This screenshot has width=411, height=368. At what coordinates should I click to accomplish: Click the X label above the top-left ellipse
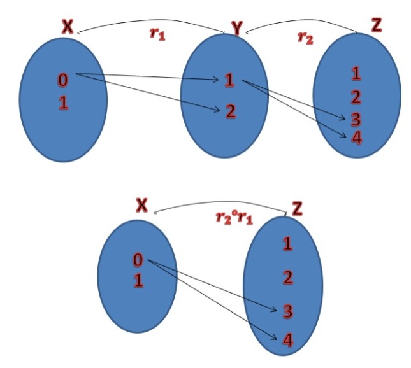point(68,26)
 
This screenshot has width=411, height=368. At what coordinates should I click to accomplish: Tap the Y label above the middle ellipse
point(236,28)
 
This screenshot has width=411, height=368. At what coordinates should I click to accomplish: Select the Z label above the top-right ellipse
point(377,25)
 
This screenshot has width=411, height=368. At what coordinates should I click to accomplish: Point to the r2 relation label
point(305,36)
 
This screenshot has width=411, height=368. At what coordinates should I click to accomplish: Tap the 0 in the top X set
point(63,80)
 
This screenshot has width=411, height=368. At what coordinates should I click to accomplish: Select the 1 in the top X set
point(63,103)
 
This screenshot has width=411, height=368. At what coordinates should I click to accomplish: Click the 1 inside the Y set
point(229,80)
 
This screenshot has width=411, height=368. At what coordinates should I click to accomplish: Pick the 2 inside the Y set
point(230,111)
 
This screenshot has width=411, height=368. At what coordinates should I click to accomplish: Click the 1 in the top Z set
point(356,73)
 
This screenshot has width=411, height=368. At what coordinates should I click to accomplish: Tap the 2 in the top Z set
point(356,97)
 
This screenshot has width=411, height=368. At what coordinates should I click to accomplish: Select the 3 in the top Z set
point(356,119)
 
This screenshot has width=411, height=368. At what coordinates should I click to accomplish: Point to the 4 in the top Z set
point(356,136)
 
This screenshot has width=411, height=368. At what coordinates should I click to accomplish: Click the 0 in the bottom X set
point(138,260)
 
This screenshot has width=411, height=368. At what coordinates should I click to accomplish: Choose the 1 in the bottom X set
point(138,280)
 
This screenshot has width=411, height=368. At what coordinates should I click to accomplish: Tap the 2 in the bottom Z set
point(288,277)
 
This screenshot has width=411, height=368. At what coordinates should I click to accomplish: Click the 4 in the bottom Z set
point(287,341)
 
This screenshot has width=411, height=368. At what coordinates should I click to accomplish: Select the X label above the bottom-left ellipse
point(142,204)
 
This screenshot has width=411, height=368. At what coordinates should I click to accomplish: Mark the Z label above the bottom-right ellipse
point(298,208)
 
